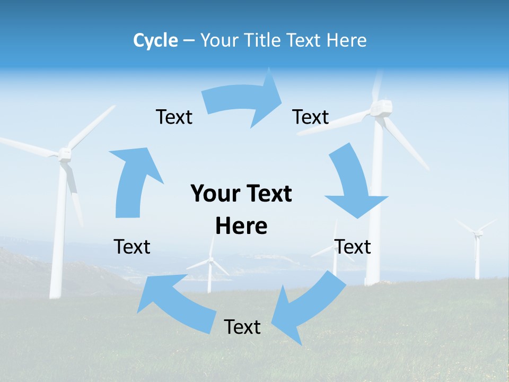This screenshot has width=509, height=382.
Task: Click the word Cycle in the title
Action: point(155,40)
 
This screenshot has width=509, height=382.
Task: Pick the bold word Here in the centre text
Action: point(241,227)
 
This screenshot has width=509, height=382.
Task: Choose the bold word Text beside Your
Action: point(268,194)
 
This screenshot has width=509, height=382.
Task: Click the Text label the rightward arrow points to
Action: point(311,117)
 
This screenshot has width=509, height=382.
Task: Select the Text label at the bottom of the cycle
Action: point(242,327)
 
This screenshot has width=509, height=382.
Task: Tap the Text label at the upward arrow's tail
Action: point(132,247)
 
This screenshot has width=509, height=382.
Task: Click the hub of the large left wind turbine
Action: point(65,154)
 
